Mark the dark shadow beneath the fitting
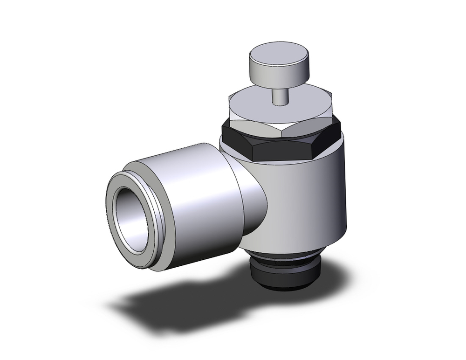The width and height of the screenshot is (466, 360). point(163,303)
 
